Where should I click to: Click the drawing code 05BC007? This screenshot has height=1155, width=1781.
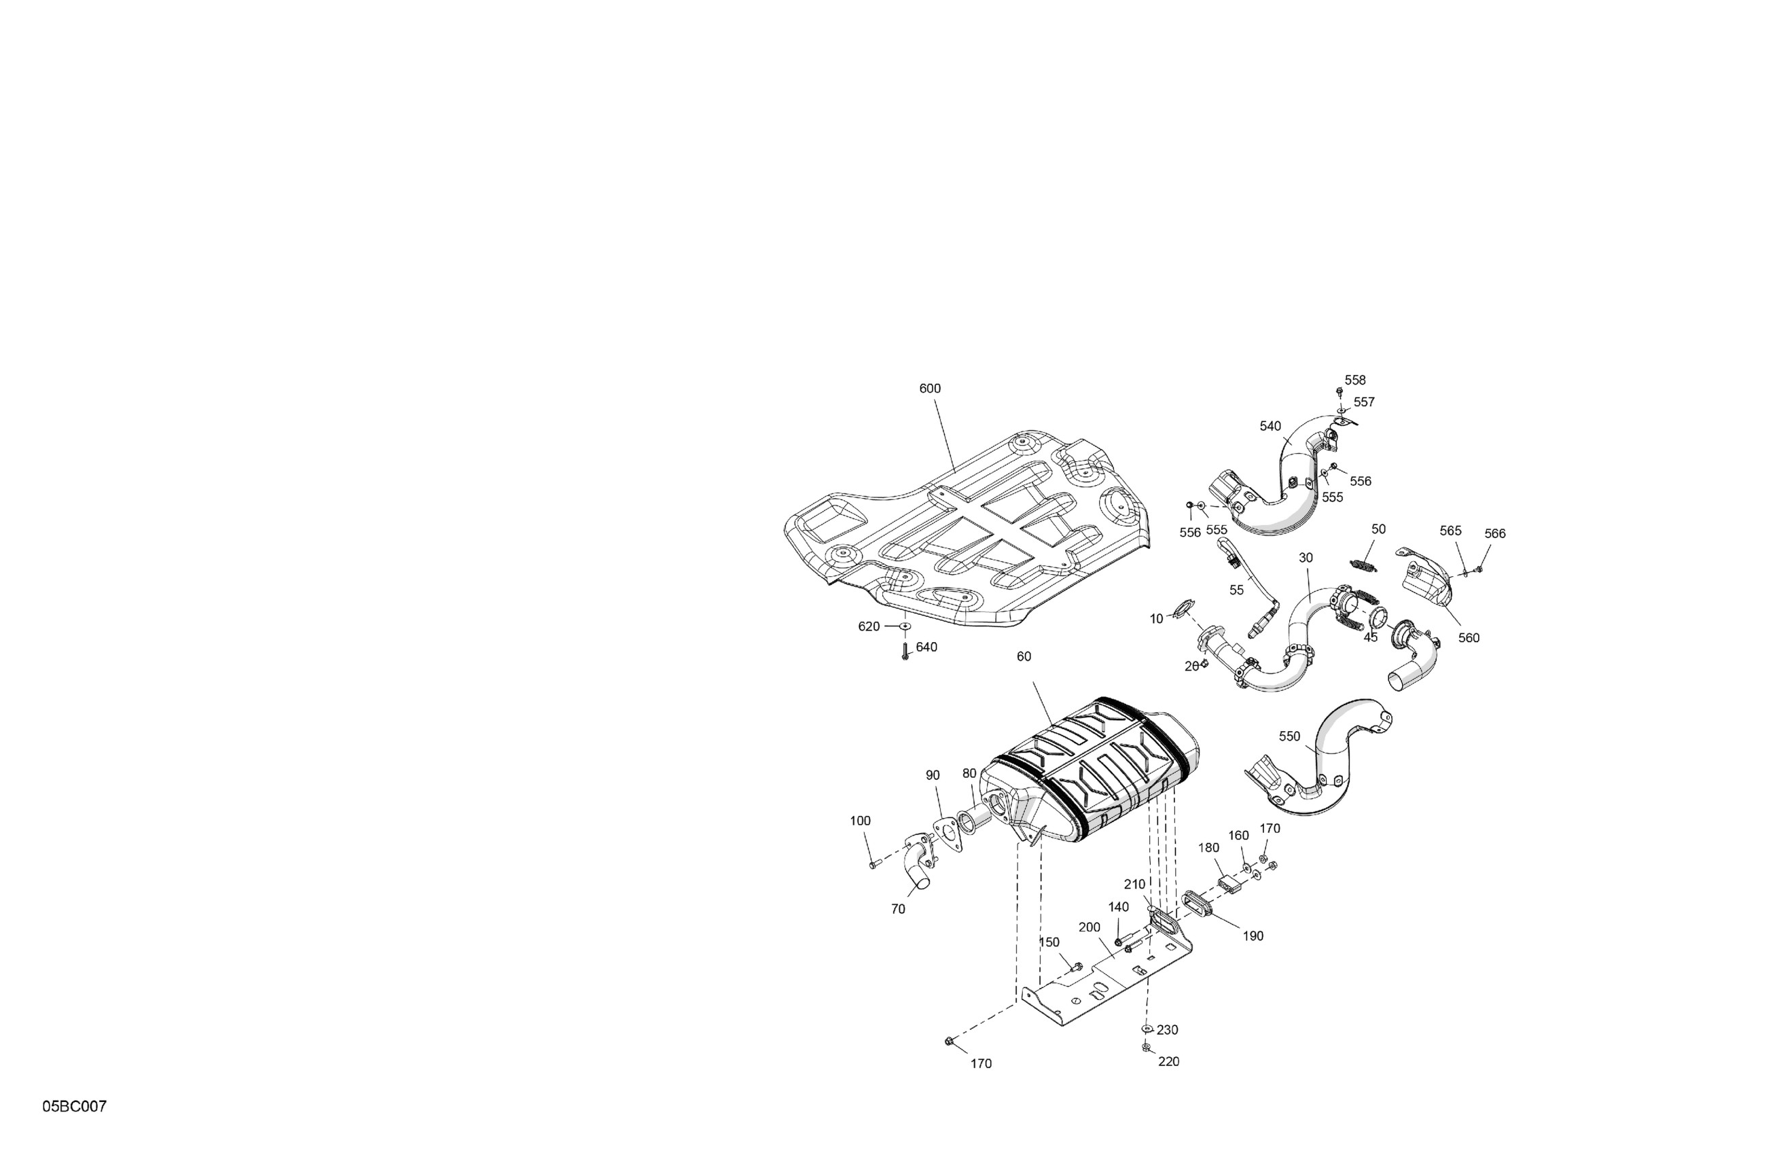point(74,1106)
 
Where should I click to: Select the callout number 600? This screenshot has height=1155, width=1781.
point(930,389)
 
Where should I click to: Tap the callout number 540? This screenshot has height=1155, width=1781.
point(1270,427)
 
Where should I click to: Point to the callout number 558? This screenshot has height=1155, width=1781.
point(1355,380)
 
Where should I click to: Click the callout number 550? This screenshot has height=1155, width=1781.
point(1289,736)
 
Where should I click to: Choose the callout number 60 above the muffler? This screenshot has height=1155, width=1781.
point(1024,656)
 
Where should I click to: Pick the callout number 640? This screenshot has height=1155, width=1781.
point(927,647)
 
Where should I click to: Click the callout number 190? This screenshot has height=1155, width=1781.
point(1253,936)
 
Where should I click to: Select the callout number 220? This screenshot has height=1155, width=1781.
point(1168,1061)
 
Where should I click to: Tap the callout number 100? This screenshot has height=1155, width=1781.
point(861,821)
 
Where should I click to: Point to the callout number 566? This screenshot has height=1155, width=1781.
point(1495,534)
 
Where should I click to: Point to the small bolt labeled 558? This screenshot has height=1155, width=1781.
point(1339,391)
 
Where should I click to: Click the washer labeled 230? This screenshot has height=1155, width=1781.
point(1147,1029)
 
